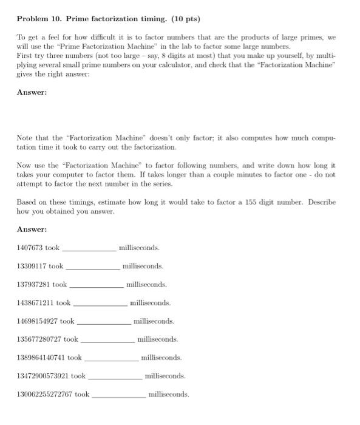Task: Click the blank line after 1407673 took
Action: point(89,250)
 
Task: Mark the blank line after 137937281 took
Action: point(97,286)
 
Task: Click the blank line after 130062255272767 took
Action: point(118,396)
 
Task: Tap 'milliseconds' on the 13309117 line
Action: point(143,266)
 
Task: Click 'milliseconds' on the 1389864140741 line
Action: point(161,358)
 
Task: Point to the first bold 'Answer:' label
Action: point(32,92)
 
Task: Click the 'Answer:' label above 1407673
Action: point(32,229)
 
